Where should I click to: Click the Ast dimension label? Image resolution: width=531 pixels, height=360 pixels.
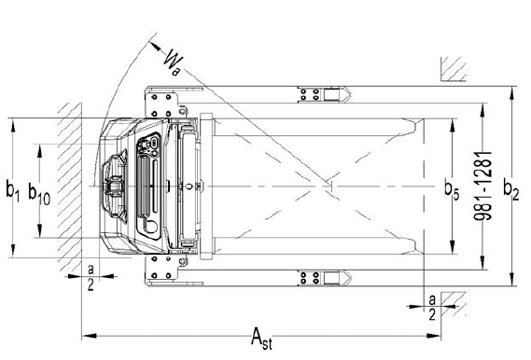tap(261, 338)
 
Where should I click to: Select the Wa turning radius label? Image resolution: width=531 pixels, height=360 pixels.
tap(173, 62)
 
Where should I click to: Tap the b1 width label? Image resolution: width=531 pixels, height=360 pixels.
tap(12, 190)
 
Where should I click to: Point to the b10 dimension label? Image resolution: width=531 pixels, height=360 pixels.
tap(39, 194)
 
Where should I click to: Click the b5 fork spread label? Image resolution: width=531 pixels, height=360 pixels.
tap(452, 189)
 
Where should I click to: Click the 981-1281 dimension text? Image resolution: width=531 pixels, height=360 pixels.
tap(482, 187)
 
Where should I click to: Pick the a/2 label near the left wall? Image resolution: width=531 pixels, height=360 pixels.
tap(91, 277)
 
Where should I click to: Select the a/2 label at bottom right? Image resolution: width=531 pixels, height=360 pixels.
tap(432, 307)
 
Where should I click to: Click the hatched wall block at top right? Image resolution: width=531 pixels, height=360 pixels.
tap(454, 69)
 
